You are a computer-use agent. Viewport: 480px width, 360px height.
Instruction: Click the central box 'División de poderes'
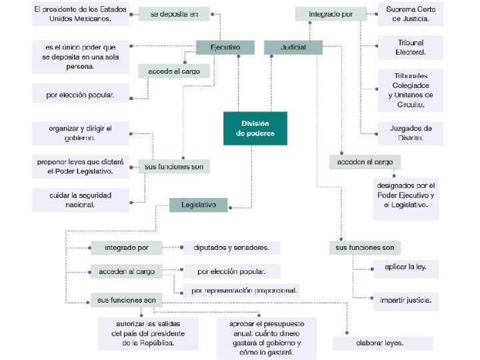pyautogui.click(x=255, y=128)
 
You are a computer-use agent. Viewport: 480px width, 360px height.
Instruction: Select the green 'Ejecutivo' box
pyautogui.click(x=225, y=48)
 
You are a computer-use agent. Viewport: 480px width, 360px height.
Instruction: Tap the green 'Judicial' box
pyautogui.click(x=293, y=48)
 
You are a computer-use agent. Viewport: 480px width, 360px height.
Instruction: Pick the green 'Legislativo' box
pyautogui.click(x=198, y=205)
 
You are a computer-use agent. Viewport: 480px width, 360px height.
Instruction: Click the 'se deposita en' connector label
pyautogui.click(x=174, y=14)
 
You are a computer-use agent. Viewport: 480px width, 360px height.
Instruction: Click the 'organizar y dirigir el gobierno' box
pyautogui.click(x=80, y=133)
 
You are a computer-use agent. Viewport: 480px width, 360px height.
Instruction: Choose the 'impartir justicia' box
pyautogui.click(x=405, y=301)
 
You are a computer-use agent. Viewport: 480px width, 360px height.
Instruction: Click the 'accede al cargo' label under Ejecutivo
pyautogui.click(x=170, y=71)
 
